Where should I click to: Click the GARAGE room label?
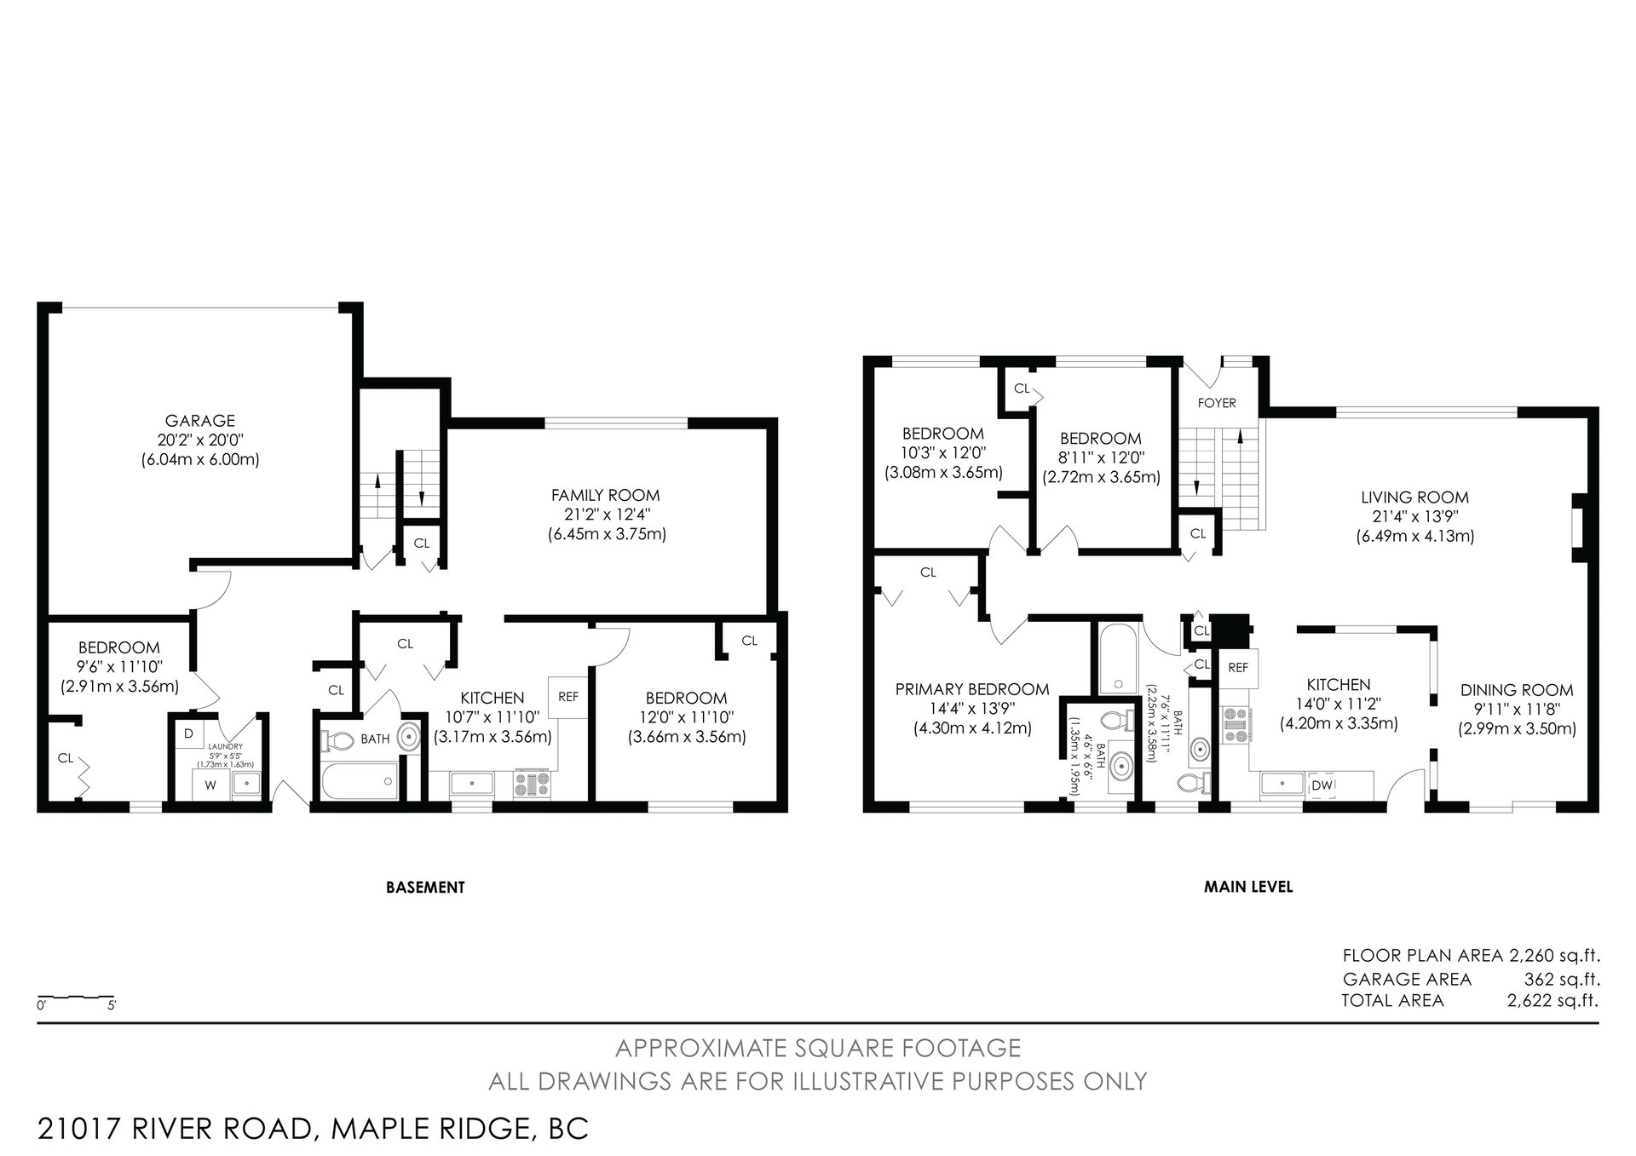click(200, 421)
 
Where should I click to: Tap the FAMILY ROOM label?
click(606, 495)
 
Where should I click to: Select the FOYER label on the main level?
click(1217, 403)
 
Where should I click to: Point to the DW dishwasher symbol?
click(1322, 785)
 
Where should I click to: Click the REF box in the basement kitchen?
click(568, 697)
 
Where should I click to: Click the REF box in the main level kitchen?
click(1238, 668)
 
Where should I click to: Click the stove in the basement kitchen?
click(531, 784)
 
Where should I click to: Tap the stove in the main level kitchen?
click(1235, 725)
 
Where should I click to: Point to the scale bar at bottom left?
click(77, 997)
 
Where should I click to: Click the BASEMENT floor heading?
click(425, 887)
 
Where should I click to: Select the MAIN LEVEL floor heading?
click(1248, 887)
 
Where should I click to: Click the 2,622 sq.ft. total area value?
click(1552, 1001)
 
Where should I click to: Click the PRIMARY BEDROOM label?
click(972, 689)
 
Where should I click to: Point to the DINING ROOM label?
click(1517, 690)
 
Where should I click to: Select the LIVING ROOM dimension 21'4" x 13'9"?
click(1414, 517)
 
